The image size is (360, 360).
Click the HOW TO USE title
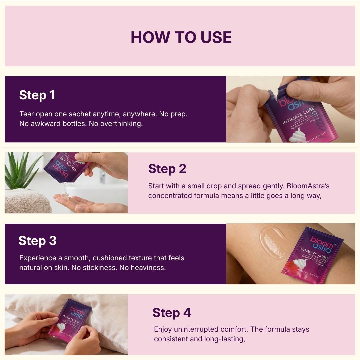coord(181,37)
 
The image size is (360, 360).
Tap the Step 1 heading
coord(37,95)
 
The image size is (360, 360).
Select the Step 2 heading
coord(167,169)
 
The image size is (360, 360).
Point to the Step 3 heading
coord(37,241)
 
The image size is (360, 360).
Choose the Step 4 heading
coord(172,313)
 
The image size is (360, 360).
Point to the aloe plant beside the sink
coord(18,172)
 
